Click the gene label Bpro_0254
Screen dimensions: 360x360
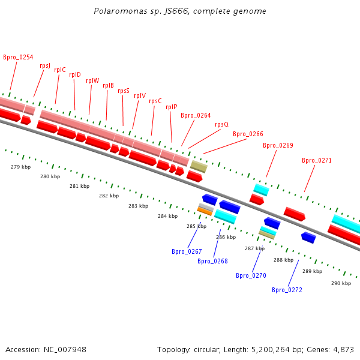(18, 58)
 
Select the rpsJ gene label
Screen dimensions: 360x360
(45, 65)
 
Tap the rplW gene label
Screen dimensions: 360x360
(92, 80)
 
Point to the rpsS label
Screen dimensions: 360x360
(124, 91)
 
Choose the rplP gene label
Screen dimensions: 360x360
(172, 107)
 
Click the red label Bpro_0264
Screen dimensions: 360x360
(196, 115)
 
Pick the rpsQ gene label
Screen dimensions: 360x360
(221, 124)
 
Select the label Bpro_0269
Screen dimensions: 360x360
(278, 145)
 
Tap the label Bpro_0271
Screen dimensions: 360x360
(317, 160)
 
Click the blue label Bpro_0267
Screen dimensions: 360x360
(187, 251)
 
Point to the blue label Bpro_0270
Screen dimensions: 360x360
(251, 275)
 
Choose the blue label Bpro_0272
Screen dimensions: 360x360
(287, 290)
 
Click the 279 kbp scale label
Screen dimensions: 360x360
(21, 167)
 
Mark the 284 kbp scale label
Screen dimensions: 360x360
(167, 216)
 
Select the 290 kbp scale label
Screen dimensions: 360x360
(341, 283)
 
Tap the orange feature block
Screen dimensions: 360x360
(205, 211)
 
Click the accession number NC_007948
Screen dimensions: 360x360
(64, 349)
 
